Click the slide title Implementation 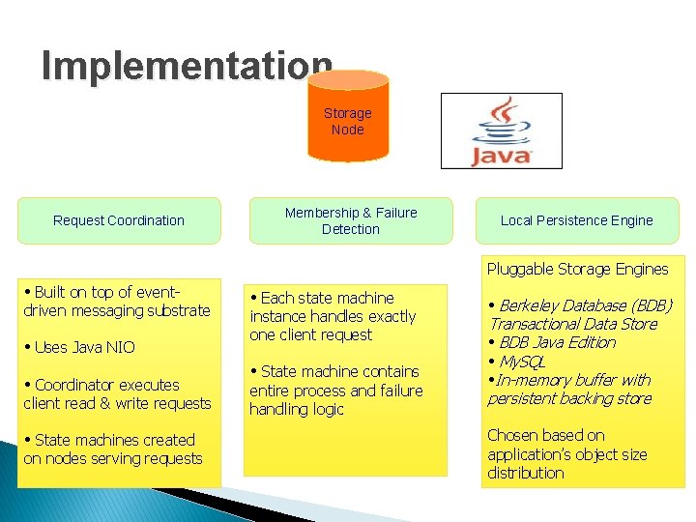point(187,66)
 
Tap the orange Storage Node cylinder point(348,122)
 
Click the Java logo point(501,131)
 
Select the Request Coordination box point(119,220)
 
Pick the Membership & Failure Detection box point(351,220)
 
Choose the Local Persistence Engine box point(576,220)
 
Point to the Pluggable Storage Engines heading point(577,269)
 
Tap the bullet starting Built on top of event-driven point(117,301)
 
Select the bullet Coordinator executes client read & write point(117,393)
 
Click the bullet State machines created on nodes point(113,449)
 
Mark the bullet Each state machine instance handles point(333,316)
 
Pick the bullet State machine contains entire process point(336,390)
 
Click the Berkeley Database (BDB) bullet point(580,314)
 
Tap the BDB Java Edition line point(553,342)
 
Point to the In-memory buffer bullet point(569,389)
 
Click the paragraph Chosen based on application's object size point(566,453)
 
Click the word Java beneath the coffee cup point(501,155)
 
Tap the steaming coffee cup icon point(500,121)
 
